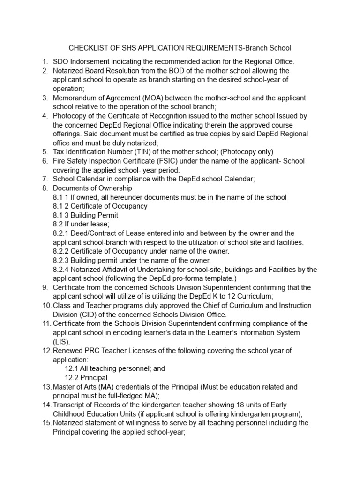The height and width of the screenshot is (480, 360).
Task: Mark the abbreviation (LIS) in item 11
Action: coord(60,341)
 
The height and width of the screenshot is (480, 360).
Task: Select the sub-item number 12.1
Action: coord(72,368)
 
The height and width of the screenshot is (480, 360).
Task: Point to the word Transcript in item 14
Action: coord(70,405)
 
